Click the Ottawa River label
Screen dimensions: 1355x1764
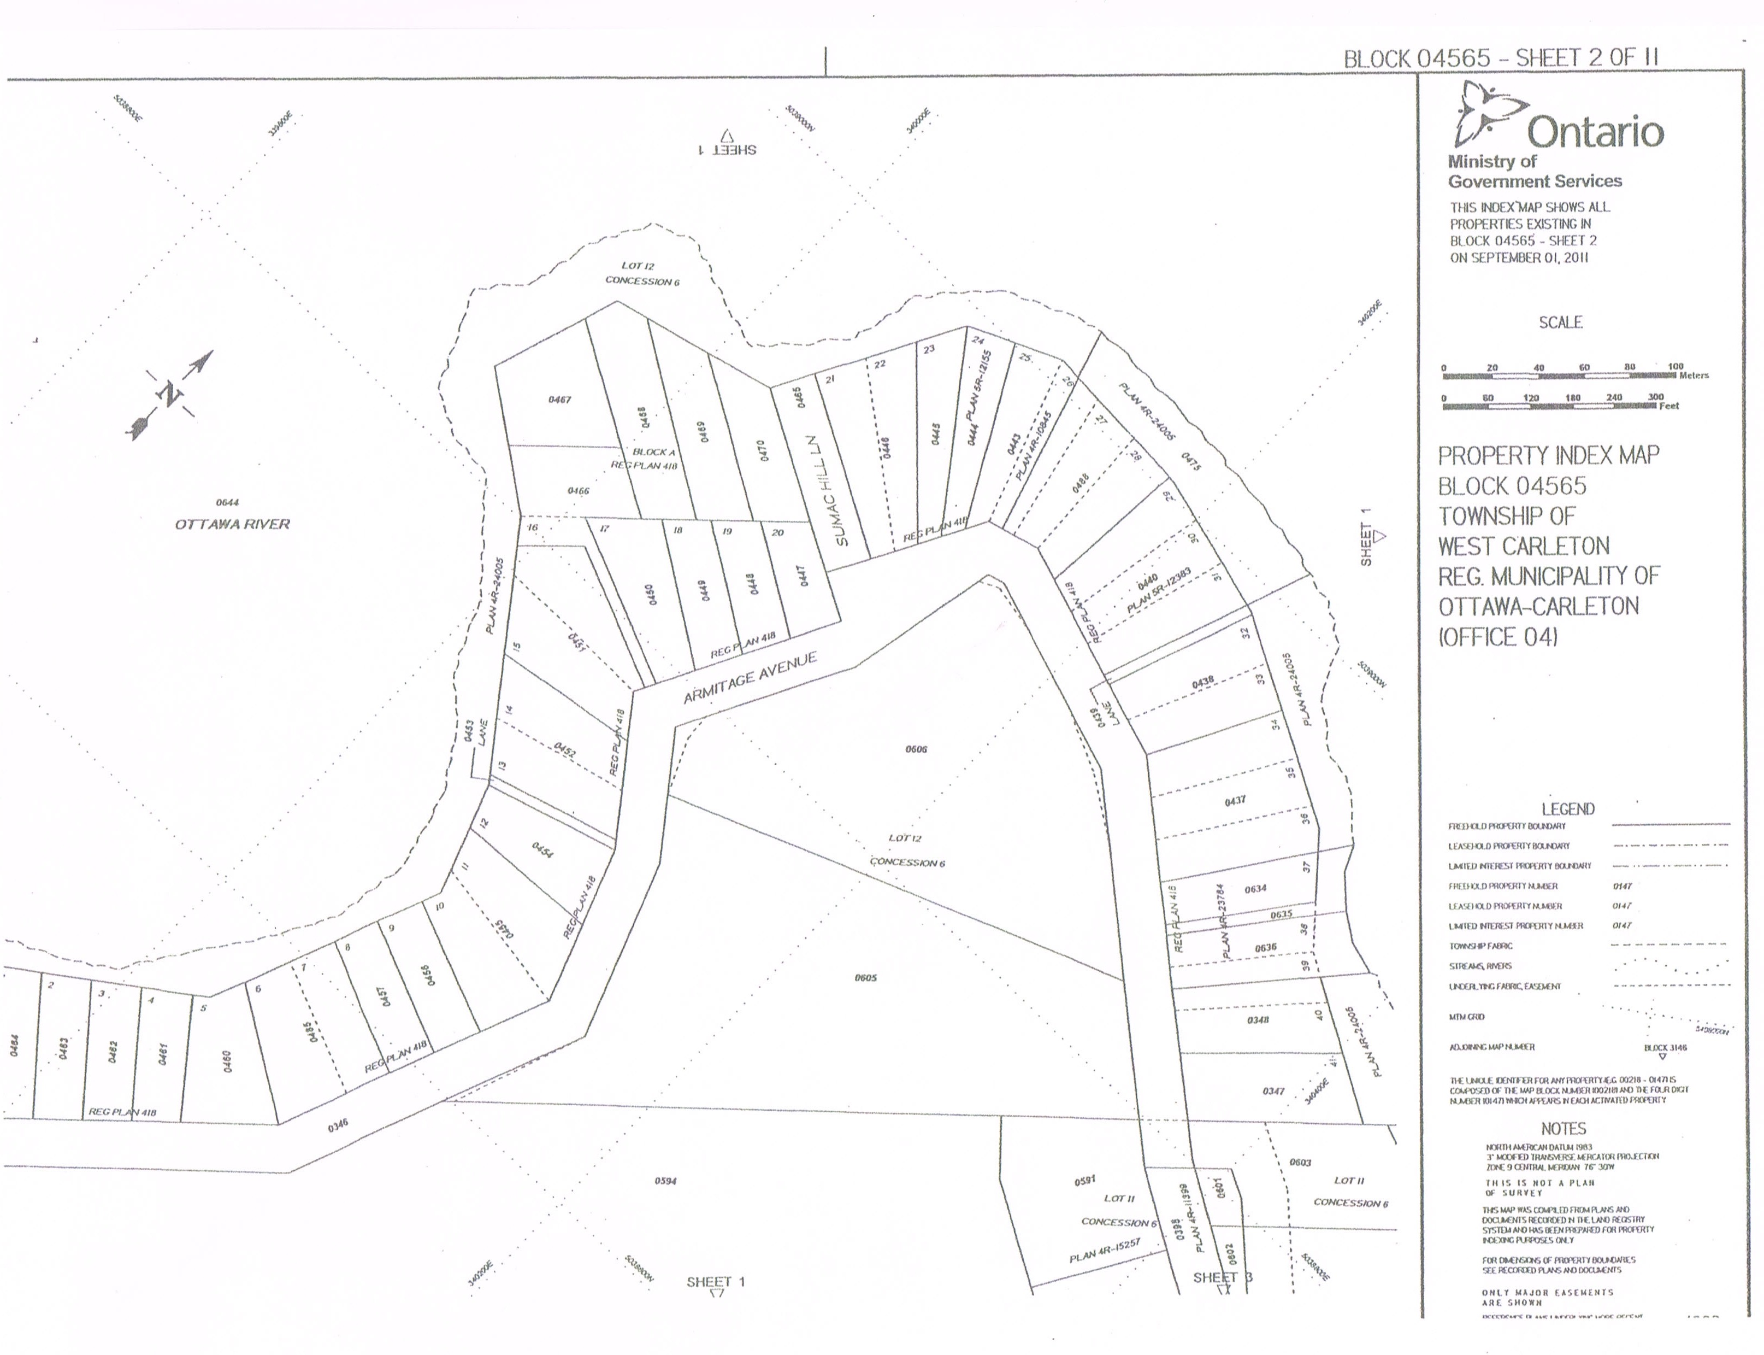click(232, 524)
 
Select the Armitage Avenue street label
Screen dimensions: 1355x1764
click(750, 678)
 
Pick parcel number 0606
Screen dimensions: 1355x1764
click(916, 749)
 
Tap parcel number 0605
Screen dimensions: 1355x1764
click(865, 977)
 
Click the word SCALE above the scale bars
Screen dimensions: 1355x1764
click(1560, 322)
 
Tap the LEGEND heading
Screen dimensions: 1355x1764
click(1567, 809)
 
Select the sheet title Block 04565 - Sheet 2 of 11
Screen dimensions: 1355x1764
click(1500, 58)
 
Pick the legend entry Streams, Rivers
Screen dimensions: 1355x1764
click(1479, 965)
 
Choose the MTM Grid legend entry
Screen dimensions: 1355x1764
click(1466, 1017)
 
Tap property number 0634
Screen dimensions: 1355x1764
click(1255, 889)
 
